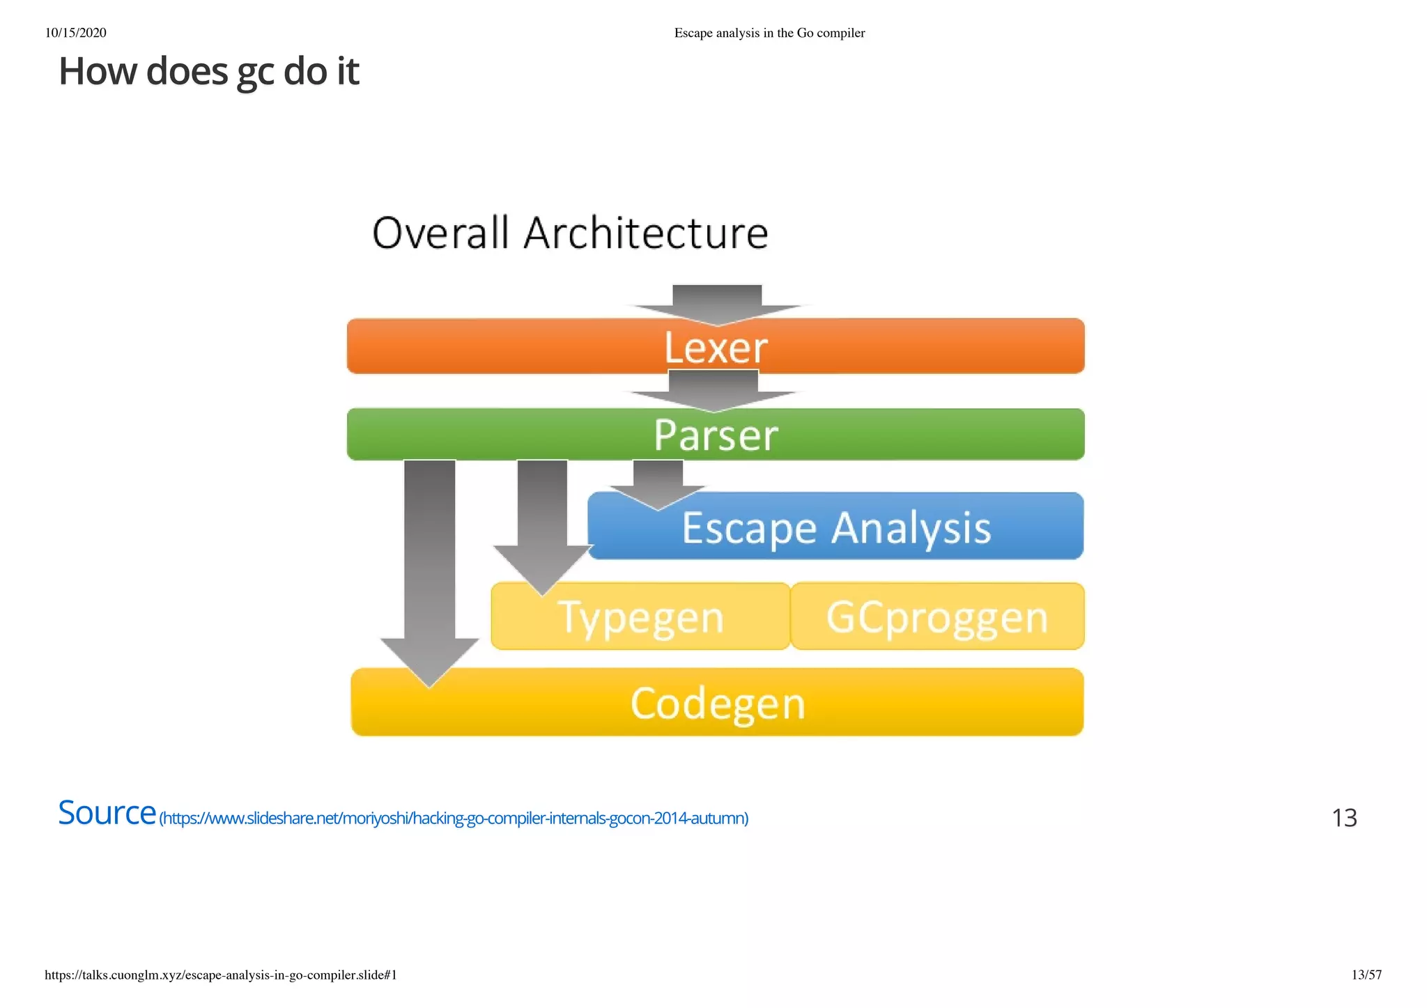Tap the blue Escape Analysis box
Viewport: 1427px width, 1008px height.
point(836,527)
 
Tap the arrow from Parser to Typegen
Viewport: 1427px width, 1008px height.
point(542,529)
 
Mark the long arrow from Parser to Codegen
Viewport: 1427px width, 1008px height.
point(429,571)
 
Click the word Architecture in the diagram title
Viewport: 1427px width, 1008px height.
point(645,233)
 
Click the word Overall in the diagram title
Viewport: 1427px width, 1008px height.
point(440,233)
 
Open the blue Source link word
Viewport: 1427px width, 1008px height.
point(107,813)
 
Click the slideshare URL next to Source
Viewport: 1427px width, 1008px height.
point(454,819)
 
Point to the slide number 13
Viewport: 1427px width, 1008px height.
point(1344,818)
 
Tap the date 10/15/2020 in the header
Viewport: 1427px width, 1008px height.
point(75,33)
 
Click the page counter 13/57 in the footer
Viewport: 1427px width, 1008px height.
point(1366,975)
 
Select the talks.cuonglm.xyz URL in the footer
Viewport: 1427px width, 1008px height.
point(221,975)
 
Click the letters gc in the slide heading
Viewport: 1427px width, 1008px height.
point(256,72)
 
